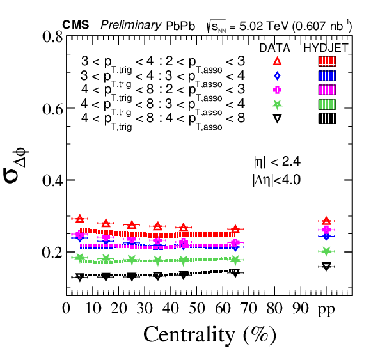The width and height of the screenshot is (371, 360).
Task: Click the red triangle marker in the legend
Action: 277,61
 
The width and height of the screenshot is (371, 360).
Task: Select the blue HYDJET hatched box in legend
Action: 327,75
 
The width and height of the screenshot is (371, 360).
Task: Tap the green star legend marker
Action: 277,104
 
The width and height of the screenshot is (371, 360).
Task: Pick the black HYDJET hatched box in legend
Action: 327,118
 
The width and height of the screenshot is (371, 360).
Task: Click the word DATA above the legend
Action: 274,48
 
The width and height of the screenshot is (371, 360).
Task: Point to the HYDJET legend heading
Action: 326,48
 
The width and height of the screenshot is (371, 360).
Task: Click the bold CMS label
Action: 75,25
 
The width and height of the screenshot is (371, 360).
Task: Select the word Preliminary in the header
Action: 131,26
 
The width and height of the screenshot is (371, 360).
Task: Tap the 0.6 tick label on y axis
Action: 52,109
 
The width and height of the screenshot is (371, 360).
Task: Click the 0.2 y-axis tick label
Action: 52,253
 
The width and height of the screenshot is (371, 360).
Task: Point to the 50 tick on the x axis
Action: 197,308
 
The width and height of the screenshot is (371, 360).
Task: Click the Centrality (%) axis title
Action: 210,335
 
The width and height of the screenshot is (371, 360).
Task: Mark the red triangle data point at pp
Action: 326,221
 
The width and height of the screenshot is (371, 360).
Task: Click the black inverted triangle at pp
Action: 326,267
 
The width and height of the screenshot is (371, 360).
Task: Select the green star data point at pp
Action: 326,251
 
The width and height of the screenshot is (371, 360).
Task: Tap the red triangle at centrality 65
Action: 235,229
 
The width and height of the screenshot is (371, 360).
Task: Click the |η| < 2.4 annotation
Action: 277,162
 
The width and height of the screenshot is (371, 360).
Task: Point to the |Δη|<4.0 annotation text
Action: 276,180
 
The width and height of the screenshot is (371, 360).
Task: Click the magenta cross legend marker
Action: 277,90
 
